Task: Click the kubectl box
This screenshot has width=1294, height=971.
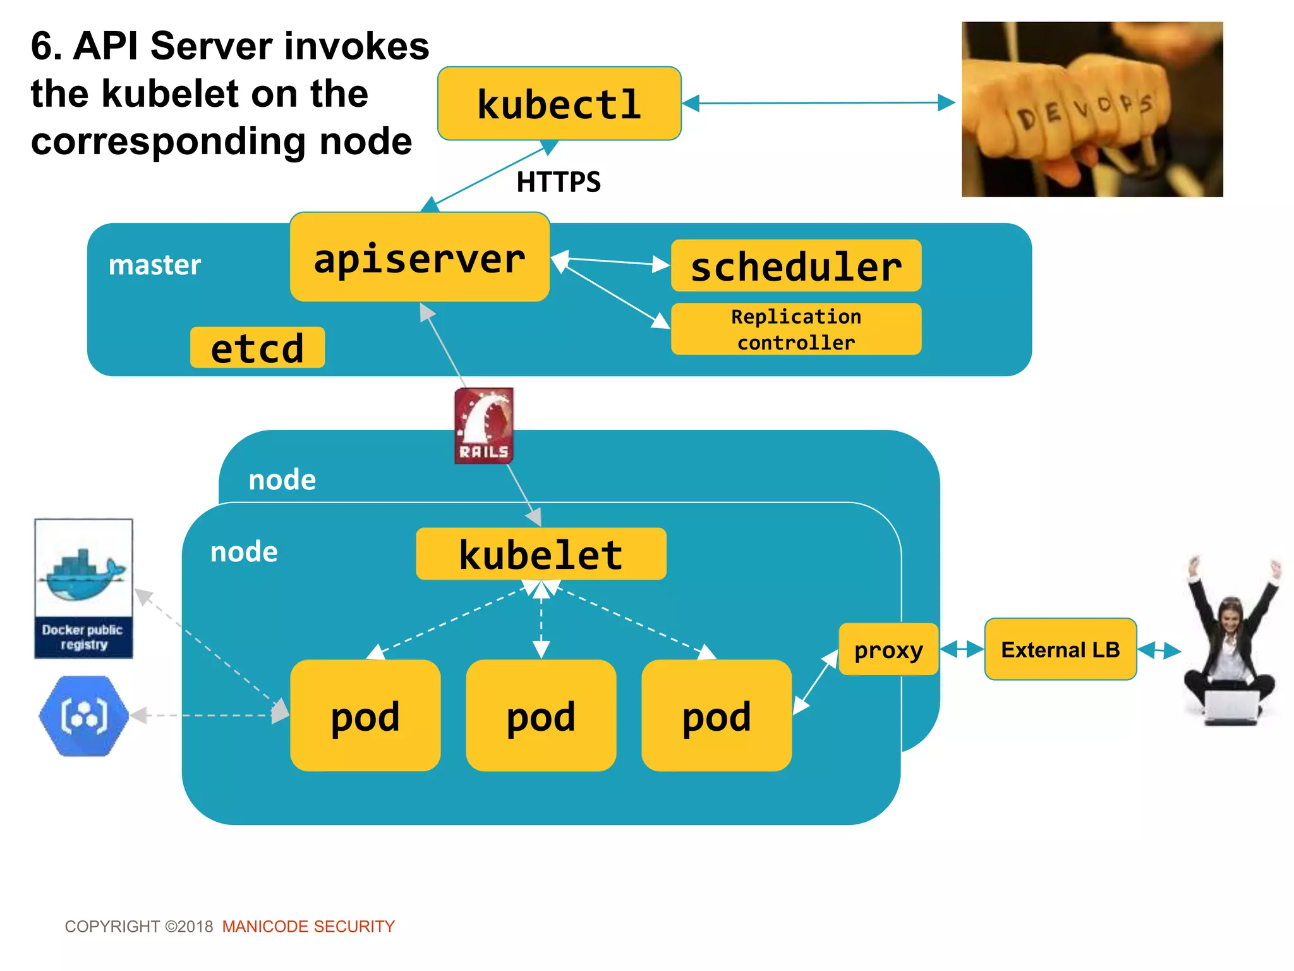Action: pyautogui.click(x=559, y=104)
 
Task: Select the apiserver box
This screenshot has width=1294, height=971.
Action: pyautogui.click(x=420, y=257)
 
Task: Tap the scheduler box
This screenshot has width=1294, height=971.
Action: pyautogui.click(x=795, y=266)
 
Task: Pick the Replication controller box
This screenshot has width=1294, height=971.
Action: pyautogui.click(x=795, y=329)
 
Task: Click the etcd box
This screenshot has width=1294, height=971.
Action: pyautogui.click(x=257, y=348)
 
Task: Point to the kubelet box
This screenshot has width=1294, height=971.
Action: pyautogui.click(x=541, y=554)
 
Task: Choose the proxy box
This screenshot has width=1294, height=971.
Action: pyautogui.click(x=888, y=649)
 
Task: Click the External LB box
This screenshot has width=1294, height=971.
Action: pyautogui.click(x=1060, y=649)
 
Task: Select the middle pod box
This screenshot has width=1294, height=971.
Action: pyautogui.click(x=541, y=716)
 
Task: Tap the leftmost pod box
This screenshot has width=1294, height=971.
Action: pyautogui.click(x=365, y=716)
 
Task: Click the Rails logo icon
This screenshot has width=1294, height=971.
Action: pyautogui.click(x=484, y=425)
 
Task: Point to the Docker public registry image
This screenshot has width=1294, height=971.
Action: pyautogui.click(x=83, y=588)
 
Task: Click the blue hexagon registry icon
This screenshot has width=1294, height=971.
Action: pyautogui.click(x=83, y=716)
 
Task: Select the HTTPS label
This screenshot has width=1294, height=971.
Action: pyautogui.click(x=559, y=182)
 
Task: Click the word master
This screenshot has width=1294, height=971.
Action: pyautogui.click(x=155, y=265)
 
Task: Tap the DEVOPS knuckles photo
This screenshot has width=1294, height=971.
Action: pyautogui.click(x=1092, y=109)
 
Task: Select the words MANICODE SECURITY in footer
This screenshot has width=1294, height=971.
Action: pyautogui.click(x=308, y=926)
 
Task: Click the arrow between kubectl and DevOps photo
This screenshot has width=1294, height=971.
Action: pyautogui.click(x=818, y=102)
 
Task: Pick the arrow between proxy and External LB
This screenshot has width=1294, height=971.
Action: pyautogui.click(x=961, y=649)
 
